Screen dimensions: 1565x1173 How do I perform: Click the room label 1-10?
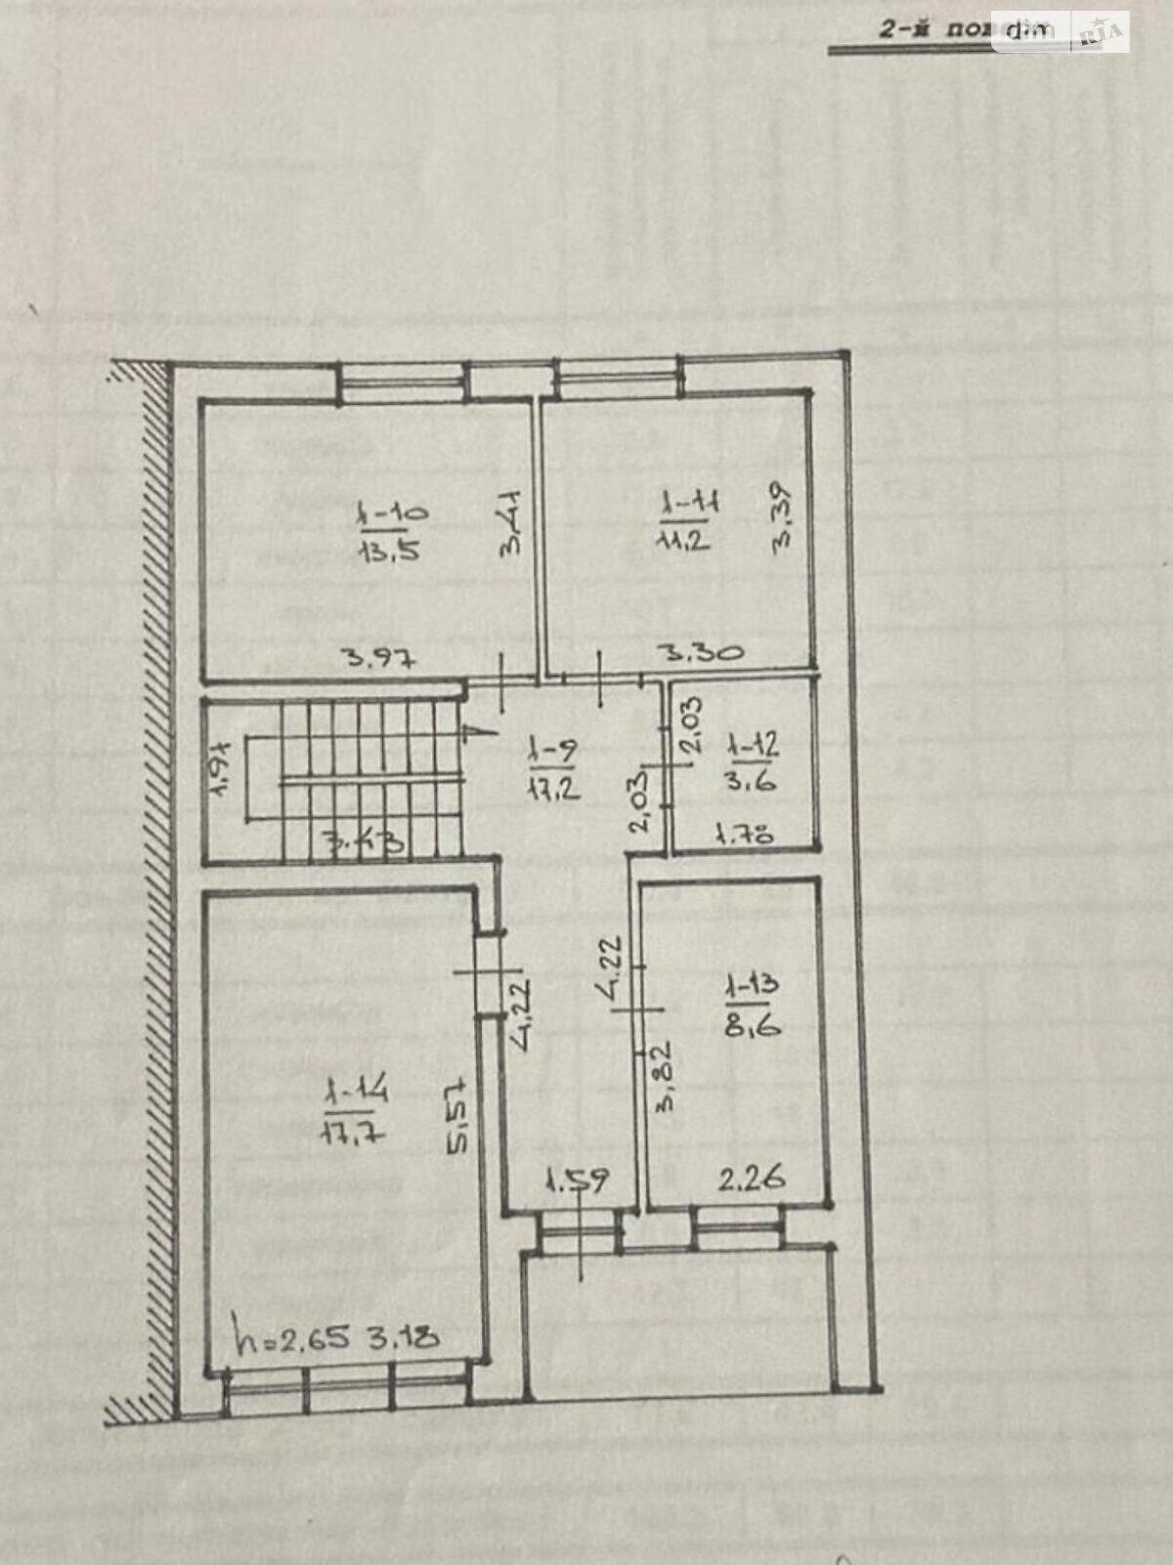click(388, 513)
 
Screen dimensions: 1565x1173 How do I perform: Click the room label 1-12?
click(753, 747)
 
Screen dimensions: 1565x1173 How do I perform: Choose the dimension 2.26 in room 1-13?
click(753, 1180)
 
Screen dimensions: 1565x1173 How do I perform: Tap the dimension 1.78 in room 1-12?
click(745, 834)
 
